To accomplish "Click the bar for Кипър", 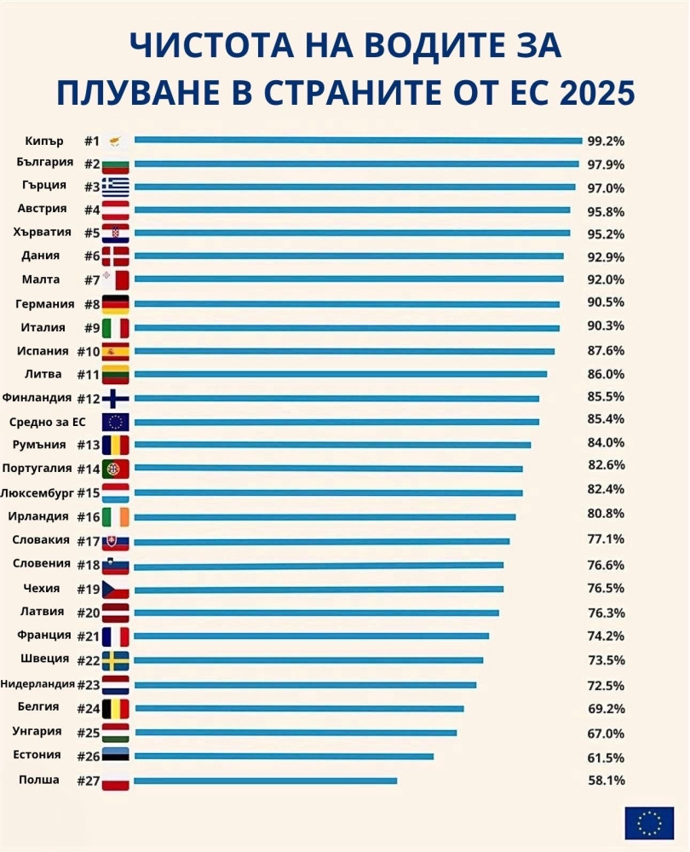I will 358,141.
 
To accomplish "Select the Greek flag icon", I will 116,187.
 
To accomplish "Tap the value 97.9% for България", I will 605,164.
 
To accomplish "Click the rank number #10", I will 89,351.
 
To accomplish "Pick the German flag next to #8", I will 116,304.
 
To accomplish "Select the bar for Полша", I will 265,780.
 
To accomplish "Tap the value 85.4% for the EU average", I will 605,419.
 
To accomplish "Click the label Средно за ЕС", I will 47,422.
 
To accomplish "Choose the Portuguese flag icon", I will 116,469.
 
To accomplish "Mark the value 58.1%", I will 605,780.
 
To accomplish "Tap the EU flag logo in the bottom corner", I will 649,823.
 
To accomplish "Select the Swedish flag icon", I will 116,661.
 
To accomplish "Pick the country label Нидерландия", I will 37,683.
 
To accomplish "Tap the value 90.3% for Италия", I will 605,326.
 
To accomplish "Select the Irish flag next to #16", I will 116,517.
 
